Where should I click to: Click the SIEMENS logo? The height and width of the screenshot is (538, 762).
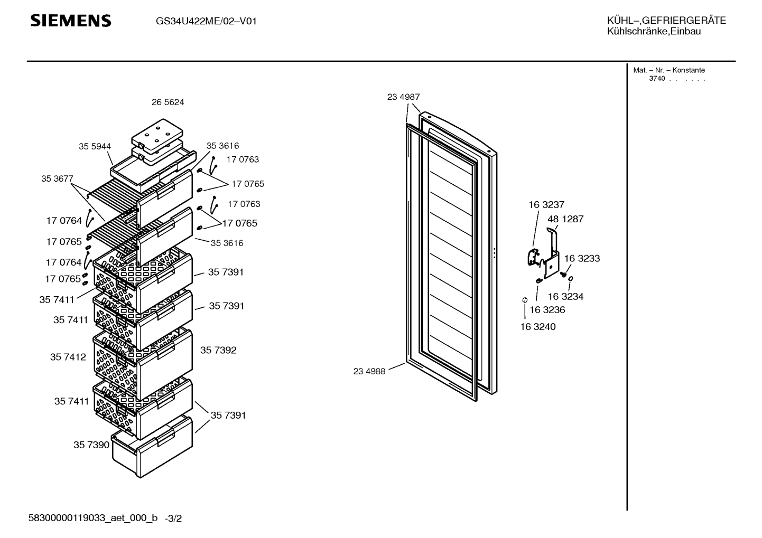tap(71, 21)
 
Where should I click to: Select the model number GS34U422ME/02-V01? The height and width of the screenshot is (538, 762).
tap(206, 22)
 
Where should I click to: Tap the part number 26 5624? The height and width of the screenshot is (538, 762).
tap(168, 102)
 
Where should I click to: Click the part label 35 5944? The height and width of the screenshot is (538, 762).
tap(95, 146)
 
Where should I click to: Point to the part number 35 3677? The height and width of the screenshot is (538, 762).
tap(57, 178)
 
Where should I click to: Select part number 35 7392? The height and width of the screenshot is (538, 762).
tap(218, 350)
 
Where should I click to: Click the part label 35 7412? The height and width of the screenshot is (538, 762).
tap(68, 357)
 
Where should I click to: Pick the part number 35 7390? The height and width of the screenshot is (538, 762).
tap(91, 445)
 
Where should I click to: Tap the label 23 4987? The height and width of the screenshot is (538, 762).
tap(403, 97)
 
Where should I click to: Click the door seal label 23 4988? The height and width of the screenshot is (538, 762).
tap(369, 371)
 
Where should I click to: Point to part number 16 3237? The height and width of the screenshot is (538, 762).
tap(546, 205)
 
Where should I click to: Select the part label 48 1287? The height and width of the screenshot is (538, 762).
tap(565, 219)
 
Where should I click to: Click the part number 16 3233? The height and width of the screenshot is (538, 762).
tap(582, 258)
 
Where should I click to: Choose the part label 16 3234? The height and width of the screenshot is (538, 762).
tap(565, 296)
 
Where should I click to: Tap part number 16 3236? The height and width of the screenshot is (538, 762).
tap(547, 309)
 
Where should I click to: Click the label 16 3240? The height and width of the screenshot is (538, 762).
tap(538, 327)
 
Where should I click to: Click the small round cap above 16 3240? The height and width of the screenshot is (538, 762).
tap(525, 300)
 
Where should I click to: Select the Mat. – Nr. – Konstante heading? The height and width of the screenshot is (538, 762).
tap(669, 70)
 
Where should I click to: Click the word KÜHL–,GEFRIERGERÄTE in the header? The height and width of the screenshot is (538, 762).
tap(666, 21)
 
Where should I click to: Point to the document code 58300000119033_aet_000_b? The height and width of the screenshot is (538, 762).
tap(93, 518)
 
